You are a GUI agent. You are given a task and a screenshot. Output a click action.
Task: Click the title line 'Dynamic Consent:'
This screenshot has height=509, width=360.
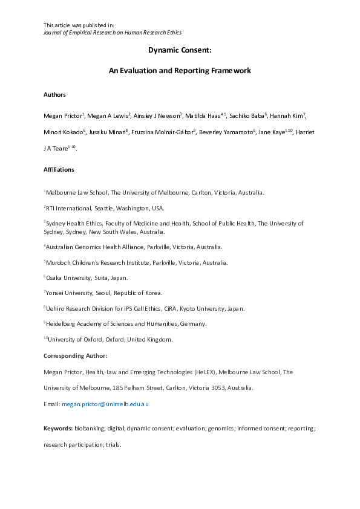click(180, 52)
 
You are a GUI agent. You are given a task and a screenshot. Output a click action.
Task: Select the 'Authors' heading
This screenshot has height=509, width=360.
click(55, 95)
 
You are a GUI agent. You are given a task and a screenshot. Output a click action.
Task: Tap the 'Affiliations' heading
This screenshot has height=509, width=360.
click(59, 170)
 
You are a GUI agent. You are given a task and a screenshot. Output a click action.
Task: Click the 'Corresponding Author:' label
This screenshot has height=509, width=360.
click(75, 355)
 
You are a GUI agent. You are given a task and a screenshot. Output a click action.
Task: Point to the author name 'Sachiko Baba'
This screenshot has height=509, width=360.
click(244, 115)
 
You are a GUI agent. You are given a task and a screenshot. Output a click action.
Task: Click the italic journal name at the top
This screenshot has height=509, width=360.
click(113, 32)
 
